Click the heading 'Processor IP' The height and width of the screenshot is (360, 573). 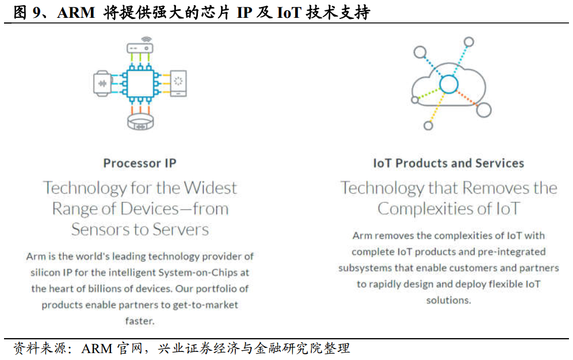[140, 163]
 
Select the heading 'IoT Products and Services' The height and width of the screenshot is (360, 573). [448, 163]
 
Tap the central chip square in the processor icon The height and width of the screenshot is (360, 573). [140, 83]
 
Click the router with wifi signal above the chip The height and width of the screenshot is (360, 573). [140, 45]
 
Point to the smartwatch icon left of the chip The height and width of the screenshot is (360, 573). [102, 83]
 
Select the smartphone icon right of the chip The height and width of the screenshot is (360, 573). [178, 83]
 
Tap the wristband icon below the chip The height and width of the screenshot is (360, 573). [140, 122]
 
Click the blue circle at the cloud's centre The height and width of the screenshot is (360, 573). [449, 84]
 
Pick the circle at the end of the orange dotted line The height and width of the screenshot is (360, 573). [484, 110]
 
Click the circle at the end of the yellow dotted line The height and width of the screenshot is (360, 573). [428, 125]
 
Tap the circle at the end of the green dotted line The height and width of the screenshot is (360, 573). [415, 99]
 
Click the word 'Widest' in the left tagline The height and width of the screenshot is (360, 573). [210, 187]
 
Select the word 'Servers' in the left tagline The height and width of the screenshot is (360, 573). [181, 229]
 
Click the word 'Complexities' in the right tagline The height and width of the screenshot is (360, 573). [426, 209]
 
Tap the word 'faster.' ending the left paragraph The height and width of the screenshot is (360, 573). [140, 321]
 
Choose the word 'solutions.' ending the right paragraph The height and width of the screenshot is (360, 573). [448, 300]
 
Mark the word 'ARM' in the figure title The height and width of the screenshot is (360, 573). [76, 13]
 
